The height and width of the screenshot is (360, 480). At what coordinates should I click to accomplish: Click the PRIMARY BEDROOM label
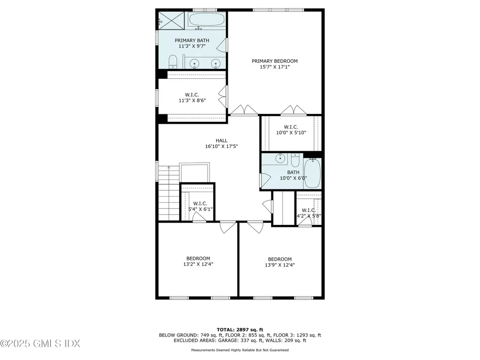tap(275, 61)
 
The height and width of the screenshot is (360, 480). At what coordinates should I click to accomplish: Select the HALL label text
tap(221, 140)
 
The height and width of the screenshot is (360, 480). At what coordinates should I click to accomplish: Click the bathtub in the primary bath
tap(207, 21)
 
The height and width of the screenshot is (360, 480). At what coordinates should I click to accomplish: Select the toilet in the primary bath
tap(172, 61)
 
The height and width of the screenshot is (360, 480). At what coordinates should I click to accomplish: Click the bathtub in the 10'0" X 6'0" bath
tap(313, 173)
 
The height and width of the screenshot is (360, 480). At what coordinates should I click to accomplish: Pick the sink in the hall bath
tap(281, 158)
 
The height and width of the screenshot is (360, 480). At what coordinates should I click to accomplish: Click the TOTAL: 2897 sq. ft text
tap(240, 330)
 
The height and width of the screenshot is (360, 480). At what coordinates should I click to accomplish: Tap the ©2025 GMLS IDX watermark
tap(40, 344)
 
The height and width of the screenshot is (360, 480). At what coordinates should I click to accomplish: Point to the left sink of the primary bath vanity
tap(194, 63)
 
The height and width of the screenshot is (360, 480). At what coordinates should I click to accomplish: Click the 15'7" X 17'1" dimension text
tap(275, 67)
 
